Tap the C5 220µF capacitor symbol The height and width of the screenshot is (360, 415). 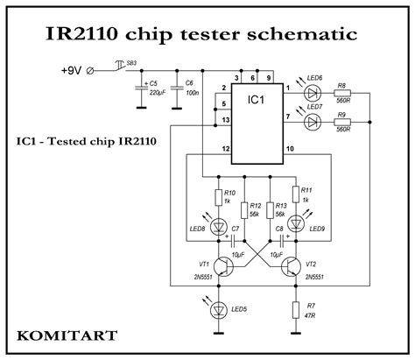pos(141,88)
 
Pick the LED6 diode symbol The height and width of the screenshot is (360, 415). pos(312,90)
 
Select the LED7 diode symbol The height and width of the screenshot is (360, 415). pos(312,124)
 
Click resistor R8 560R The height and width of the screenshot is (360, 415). pos(344,90)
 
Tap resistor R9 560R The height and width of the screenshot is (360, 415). pos(344,124)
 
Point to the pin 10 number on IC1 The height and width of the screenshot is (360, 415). pos(289,151)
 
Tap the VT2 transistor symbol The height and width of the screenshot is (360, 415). pos(292,266)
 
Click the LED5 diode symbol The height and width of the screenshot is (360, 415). pos(216,307)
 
